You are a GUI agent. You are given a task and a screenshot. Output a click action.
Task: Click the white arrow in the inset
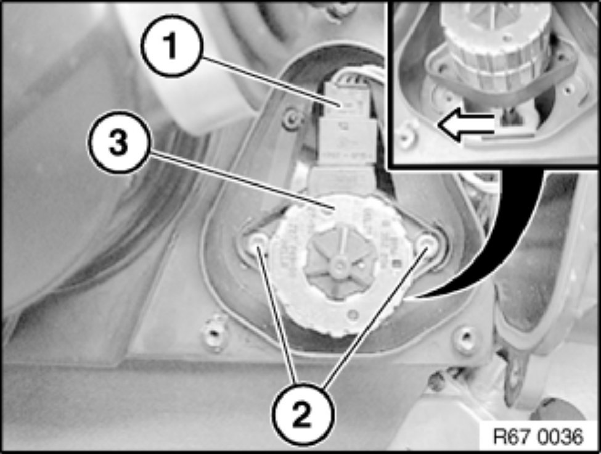[466, 125]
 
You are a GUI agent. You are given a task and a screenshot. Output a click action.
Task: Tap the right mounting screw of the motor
[427, 243]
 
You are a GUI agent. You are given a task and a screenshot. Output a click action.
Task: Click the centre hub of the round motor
[340, 263]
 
